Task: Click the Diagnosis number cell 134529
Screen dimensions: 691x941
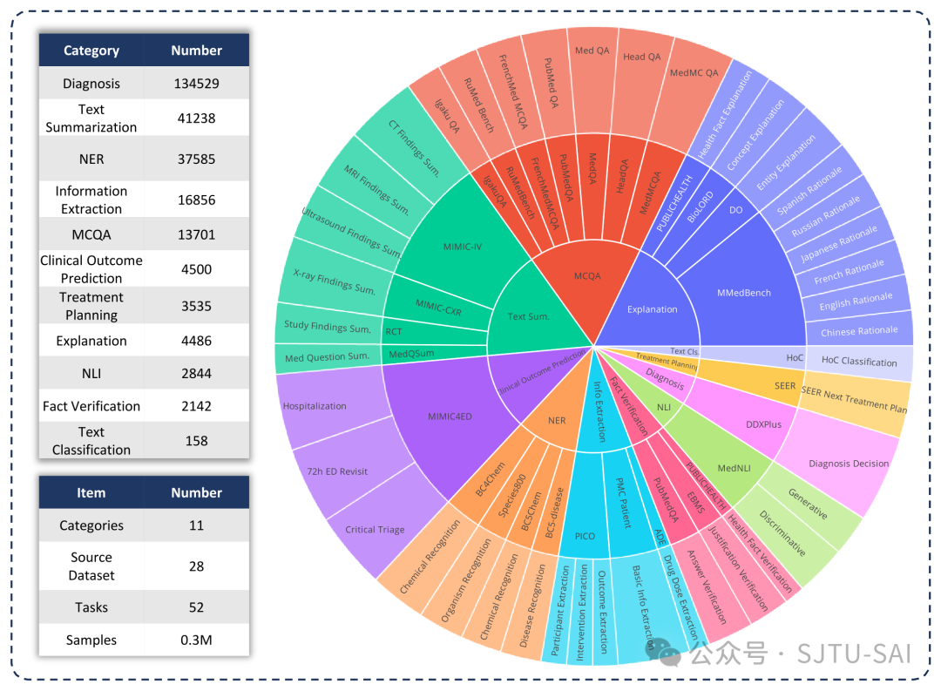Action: pyautogui.click(x=196, y=84)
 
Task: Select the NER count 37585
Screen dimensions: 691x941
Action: pyautogui.click(x=196, y=159)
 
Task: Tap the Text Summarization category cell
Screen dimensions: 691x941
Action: pyautogui.click(x=91, y=119)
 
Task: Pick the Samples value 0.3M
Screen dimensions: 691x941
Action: pyautogui.click(x=196, y=640)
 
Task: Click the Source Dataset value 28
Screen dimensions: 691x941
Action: pyautogui.click(x=196, y=566)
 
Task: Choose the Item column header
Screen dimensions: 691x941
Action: pyautogui.click(x=91, y=492)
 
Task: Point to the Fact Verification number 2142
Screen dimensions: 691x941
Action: pyautogui.click(x=196, y=406)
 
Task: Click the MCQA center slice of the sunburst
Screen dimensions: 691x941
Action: pyautogui.click(x=587, y=276)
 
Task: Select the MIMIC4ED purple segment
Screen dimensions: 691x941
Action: pyautogui.click(x=450, y=417)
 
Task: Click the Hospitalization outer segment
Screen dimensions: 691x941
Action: pyautogui.click(x=315, y=406)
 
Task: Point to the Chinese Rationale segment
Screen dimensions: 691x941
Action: pyautogui.click(x=859, y=331)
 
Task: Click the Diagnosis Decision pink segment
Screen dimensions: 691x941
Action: pyautogui.click(x=848, y=464)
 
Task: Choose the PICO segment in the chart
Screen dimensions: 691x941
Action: pyautogui.click(x=585, y=535)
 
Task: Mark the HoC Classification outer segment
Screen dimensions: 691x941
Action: pyautogui.click(x=859, y=362)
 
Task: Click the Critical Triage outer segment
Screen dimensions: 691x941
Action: pyautogui.click(x=374, y=529)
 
